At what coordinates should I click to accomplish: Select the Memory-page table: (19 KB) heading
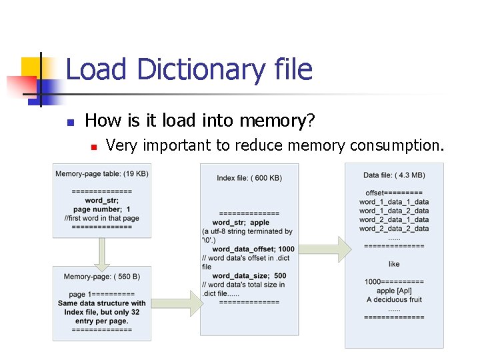click(102, 174)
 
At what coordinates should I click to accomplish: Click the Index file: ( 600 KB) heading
click(249, 178)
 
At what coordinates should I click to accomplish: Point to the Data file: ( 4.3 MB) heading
click(394, 175)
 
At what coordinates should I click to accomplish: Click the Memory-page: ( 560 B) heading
click(102, 277)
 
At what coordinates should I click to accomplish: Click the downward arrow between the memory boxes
click(102, 251)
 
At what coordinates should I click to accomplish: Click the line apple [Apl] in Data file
click(394, 291)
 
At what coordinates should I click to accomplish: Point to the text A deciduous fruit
click(394, 299)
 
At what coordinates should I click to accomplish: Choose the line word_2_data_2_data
click(394, 229)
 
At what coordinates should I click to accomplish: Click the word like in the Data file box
click(394, 264)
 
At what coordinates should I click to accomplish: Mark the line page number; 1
click(102, 209)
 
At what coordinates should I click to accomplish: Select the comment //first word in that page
click(102, 218)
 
